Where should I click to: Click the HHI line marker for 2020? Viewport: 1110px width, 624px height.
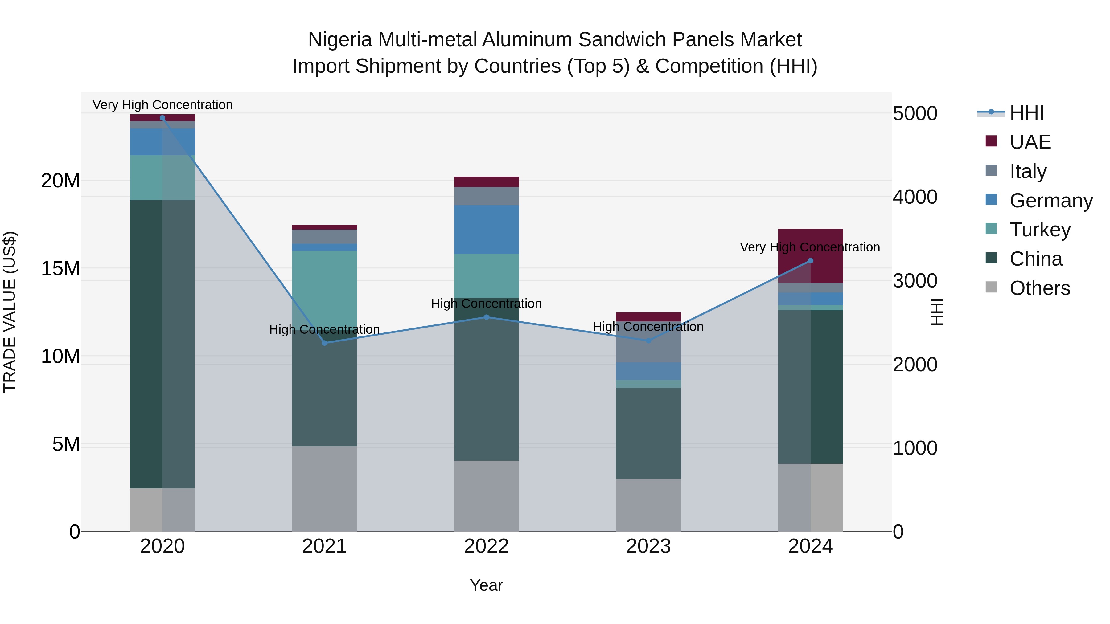tap(162, 118)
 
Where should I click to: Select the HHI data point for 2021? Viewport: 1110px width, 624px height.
tap(324, 343)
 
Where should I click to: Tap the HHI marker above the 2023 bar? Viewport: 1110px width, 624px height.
tap(648, 341)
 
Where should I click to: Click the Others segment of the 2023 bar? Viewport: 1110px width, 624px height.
tap(648, 505)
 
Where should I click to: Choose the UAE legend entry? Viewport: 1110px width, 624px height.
tap(1030, 142)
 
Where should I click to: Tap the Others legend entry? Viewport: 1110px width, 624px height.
tap(1039, 288)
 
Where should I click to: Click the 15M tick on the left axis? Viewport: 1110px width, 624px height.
tap(60, 268)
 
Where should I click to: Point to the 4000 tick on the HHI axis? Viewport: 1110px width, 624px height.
tap(915, 197)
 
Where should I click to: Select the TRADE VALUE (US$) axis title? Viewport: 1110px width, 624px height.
tap(10, 312)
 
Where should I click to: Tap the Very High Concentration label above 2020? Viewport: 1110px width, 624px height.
tap(162, 105)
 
